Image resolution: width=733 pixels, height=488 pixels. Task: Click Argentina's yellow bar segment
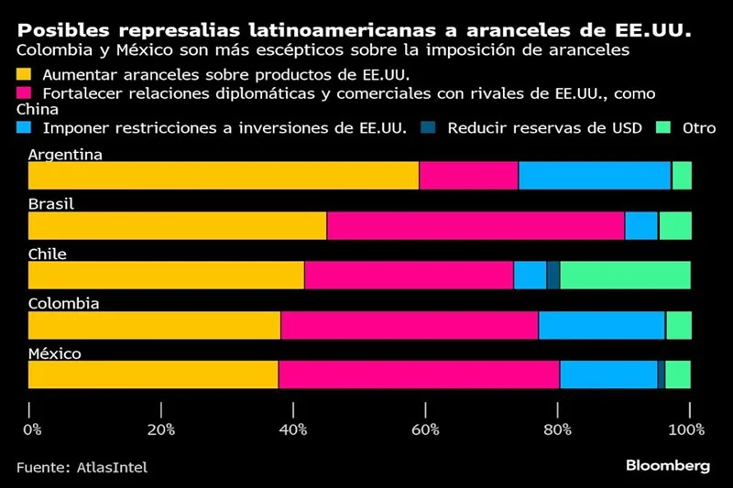pyautogui.click(x=224, y=175)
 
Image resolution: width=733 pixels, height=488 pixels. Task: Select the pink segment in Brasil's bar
pyautogui.click(x=475, y=225)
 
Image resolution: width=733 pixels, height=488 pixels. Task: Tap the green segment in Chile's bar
pyautogui.click(x=625, y=275)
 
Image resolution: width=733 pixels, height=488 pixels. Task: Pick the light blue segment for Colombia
pyautogui.click(x=601, y=325)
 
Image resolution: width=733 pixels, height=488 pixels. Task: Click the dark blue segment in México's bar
pyautogui.click(x=661, y=374)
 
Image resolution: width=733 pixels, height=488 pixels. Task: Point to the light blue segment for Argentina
pyautogui.click(x=594, y=175)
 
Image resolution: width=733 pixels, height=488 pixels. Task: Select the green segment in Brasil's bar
pyautogui.click(x=675, y=225)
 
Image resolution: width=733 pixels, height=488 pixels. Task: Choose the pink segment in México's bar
pyautogui.click(x=419, y=374)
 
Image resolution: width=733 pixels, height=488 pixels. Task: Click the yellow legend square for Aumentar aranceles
pyautogui.click(x=24, y=73)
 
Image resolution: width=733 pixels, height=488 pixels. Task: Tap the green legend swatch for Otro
pyautogui.click(x=665, y=129)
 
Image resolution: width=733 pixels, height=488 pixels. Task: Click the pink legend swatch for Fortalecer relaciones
pyautogui.click(x=24, y=93)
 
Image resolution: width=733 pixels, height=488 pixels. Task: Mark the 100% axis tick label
pyautogui.click(x=685, y=429)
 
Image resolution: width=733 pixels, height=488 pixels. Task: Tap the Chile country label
pyautogui.click(x=48, y=255)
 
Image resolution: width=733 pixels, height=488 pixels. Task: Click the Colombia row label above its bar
pyautogui.click(x=63, y=304)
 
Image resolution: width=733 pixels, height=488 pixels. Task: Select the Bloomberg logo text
pyautogui.click(x=667, y=466)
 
